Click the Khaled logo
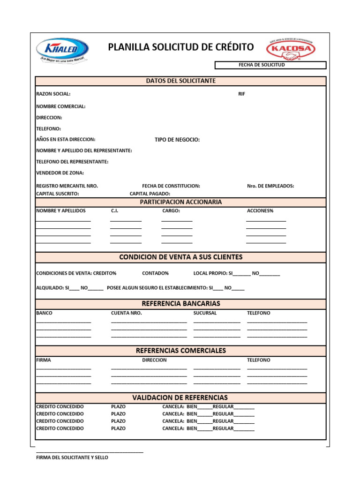[62, 50]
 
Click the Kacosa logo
[291, 49]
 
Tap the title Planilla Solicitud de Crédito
[180, 47]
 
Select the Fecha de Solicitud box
[270, 65]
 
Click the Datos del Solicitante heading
[180, 81]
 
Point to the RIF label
[241, 94]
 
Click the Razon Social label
[53, 94]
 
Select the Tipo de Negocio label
[177, 140]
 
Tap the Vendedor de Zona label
[60, 173]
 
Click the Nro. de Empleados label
[270, 186]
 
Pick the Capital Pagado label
[150, 194]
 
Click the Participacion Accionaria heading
[180, 202]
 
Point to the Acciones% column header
[260, 211]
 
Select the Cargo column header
[171, 211]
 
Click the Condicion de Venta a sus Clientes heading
[180, 257]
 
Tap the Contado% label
[155, 273]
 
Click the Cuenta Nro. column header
[126, 313]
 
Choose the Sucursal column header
[205, 313]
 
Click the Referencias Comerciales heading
[180, 351]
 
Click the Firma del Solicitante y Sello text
[72, 457]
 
